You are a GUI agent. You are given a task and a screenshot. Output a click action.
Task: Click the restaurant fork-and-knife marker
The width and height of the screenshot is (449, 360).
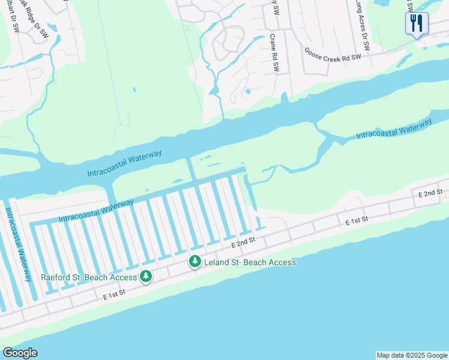pos(417,23)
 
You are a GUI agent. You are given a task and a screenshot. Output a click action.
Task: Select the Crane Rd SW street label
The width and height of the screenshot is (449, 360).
pos(274,53)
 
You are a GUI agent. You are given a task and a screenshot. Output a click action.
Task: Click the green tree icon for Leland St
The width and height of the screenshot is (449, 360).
pos(195,262)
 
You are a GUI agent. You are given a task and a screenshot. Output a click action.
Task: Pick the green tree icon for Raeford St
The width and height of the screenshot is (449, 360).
pos(146,277)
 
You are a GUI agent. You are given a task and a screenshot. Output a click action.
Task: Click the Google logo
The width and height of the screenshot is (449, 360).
pos(20,353)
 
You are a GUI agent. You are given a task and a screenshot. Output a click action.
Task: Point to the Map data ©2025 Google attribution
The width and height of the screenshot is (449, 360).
pos(412,355)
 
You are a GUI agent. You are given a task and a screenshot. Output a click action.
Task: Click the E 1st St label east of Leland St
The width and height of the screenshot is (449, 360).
pos(356,222)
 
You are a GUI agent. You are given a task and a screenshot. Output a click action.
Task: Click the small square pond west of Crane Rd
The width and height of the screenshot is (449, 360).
pos(247,92)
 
